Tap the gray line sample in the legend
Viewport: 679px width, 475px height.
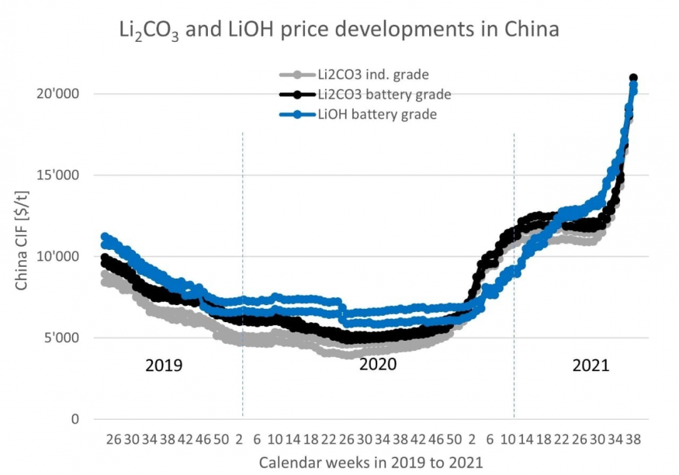[x=297, y=75]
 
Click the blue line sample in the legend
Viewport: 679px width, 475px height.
[x=297, y=115]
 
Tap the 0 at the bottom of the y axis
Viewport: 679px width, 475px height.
[x=75, y=420]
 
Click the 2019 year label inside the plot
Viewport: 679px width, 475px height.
[x=164, y=365]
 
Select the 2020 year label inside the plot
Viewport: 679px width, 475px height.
[x=378, y=364]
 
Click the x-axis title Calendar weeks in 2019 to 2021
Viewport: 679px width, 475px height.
[x=371, y=463]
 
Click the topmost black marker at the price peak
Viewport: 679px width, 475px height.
[x=633, y=78]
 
